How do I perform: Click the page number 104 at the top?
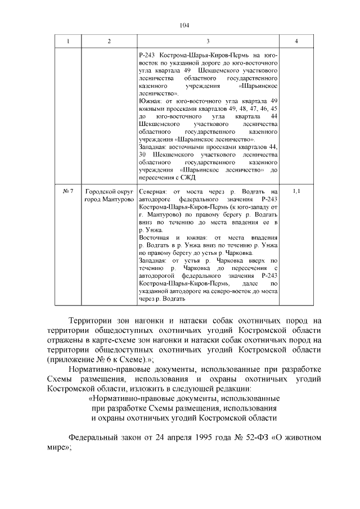coord(184,25)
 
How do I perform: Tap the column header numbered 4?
coord(296,42)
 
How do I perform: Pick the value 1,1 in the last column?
coord(296,192)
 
